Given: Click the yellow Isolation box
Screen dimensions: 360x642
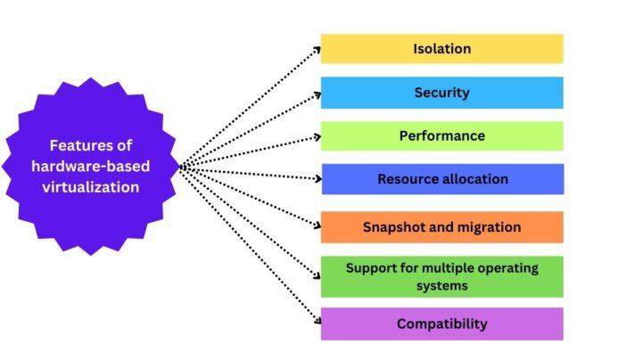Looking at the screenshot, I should pyautogui.click(x=441, y=48).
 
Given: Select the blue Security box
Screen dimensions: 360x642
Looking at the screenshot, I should pyautogui.click(x=441, y=93).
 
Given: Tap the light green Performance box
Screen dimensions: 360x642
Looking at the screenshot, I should pyautogui.click(x=441, y=136).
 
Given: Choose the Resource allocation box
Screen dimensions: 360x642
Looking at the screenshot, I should pyautogui.click(x=441, y=179).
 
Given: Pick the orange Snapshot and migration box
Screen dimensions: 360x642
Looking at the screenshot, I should pyautogui.click(x=441, y=226).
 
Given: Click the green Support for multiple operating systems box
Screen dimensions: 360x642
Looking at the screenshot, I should pyautogui.click(x=441, y=275).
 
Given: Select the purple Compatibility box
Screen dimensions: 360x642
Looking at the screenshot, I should pyautogui.click(x=441, y=323).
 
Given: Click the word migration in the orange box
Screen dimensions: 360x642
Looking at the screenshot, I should pyautogui.click(x=488, y=226).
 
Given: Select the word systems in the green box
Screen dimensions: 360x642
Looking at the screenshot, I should pyautogui.click(x=441, y=286).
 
